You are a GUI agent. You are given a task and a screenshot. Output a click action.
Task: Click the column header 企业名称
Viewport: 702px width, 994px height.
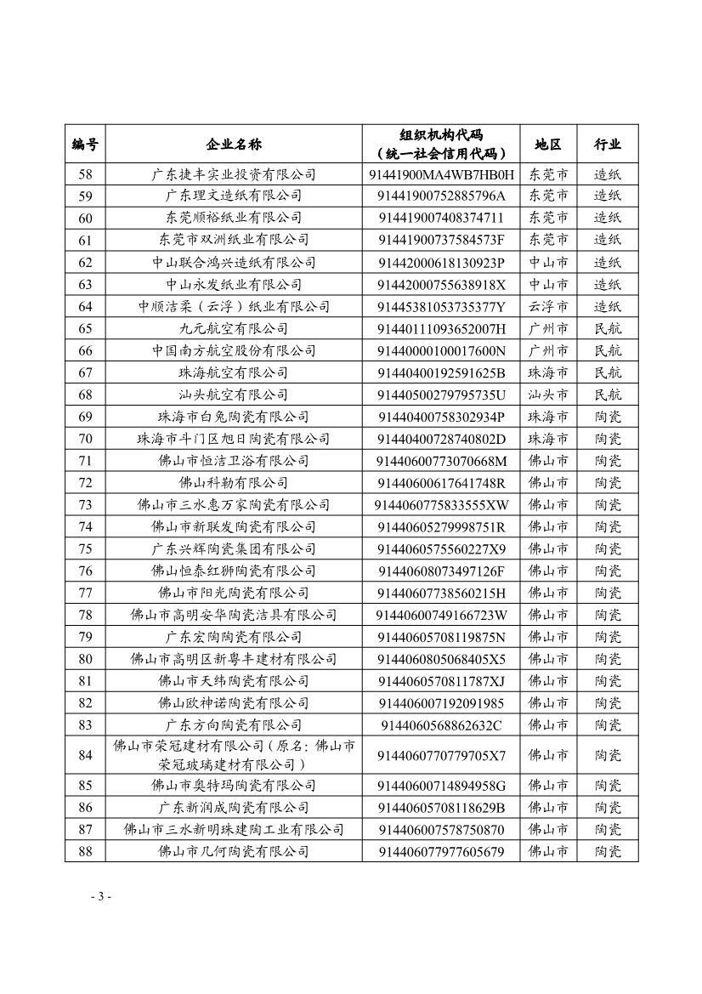coord(234,144)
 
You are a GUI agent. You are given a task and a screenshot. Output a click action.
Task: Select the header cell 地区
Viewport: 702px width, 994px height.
coord(548,144)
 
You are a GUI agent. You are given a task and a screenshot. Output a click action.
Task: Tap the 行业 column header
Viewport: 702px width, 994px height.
coord(608,144)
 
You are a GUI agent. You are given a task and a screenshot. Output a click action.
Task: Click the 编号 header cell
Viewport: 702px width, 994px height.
coord(85,144)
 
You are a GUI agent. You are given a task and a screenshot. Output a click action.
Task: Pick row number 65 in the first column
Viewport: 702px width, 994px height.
coord(85,328)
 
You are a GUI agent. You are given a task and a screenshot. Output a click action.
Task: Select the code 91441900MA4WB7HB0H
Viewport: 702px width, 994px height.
coord(441,174)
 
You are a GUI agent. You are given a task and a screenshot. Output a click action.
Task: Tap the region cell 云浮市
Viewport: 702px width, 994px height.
coord(548,306)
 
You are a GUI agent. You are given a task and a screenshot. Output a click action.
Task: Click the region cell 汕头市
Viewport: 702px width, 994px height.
coord(548,395)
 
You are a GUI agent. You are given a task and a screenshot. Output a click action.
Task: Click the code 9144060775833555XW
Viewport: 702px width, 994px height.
coord(441,505)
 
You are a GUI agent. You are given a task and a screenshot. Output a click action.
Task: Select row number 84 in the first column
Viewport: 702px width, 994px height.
coord(85,755)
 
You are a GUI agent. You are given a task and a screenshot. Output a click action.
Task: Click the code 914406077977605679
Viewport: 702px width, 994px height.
coord(441,851)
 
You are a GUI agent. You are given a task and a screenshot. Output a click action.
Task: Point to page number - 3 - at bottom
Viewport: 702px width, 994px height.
coord(100,897)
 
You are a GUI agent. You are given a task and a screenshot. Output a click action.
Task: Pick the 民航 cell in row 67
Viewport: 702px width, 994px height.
coord(608,372)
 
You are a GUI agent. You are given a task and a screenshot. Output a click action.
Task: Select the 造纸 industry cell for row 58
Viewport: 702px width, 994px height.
coord(608,174)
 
